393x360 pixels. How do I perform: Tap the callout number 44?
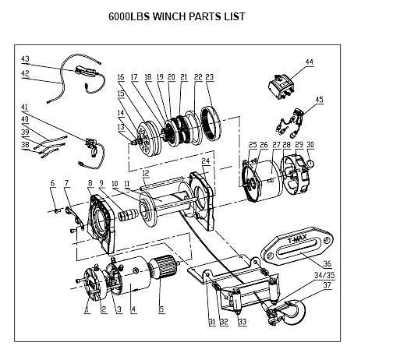pyautogui.click(x=310, y=62)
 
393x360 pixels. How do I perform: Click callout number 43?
pyautogui.click(x=25, y=59)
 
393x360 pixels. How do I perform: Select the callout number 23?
pyautogui.click(x=209, y=77)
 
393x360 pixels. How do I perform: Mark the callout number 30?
pyautogui.click(x=310, y=146)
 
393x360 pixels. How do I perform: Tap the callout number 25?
pyautogui.click(x=252, y=146)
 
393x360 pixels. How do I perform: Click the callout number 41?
pyautogui.click(x=24, y=107)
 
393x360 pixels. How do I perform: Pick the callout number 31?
pyautogui.click(x=211, y=322)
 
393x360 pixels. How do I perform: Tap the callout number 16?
pyautogui.click(x=121, y=77)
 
